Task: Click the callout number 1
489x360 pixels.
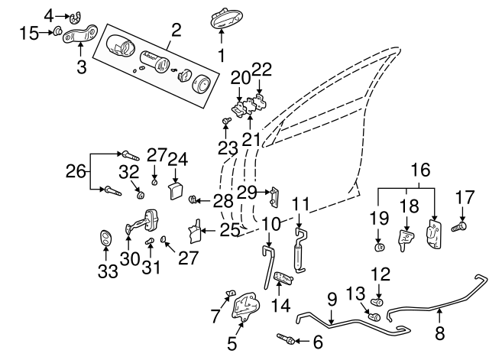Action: coord(222,55)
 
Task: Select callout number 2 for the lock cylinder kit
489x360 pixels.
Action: coord(176,31)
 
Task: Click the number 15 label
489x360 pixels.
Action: coord(28,32)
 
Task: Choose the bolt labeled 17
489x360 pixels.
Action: coord(458,226)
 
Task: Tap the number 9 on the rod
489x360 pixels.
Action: coord(332,299)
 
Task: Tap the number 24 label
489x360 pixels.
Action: coord(178,159)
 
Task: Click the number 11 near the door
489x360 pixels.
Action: coord(301,205)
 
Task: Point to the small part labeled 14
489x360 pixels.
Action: coord(282,278)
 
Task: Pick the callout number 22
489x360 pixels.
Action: coord(261,70)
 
